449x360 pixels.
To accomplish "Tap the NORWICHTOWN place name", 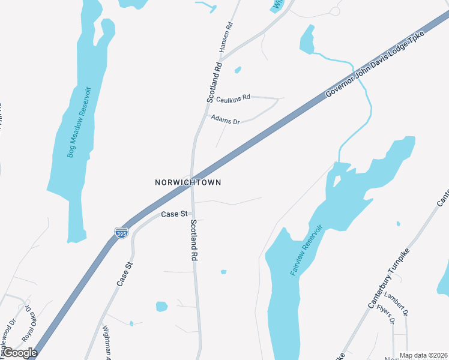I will [x=188, y=182].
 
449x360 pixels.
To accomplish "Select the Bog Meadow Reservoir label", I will [x=79, y=122].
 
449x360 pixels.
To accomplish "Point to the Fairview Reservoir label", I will [x=307, y=250].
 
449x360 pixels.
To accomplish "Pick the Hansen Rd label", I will [x=226, y=36].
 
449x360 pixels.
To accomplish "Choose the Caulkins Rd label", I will [x=233, y=98].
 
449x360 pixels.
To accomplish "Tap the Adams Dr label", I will [x=225, y=119].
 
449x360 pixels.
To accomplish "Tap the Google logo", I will [x=20, y=352].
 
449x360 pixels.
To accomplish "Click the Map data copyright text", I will [x=423, y=355].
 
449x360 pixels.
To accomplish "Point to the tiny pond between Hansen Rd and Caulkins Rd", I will [x=238, y=70].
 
